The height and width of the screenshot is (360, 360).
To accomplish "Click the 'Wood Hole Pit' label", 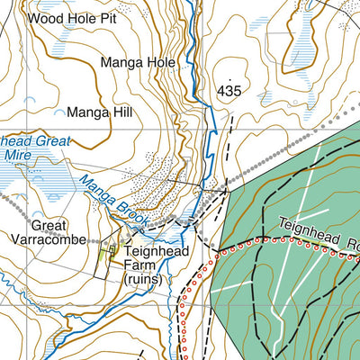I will (x=72, y=17).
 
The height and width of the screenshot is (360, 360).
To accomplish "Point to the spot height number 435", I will (x=229, y=92).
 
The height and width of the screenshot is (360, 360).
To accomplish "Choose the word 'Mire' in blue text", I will (x=16, y=155).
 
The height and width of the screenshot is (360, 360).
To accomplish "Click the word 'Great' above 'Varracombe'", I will (x=49, y=225).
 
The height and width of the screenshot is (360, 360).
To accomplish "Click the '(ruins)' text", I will (x=144, y=280).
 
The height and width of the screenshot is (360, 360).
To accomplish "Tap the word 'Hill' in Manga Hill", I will (x=120, y=112).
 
